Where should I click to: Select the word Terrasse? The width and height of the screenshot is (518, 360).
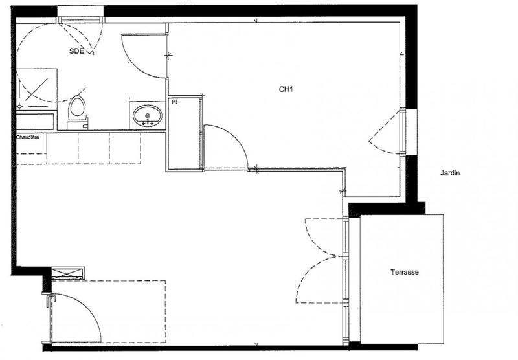coord(404,273)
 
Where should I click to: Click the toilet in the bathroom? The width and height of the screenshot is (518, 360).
coord(78,107)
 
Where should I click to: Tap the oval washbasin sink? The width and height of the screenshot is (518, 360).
coord(148,117)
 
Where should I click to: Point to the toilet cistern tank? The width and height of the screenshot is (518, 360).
coord(78,124)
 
